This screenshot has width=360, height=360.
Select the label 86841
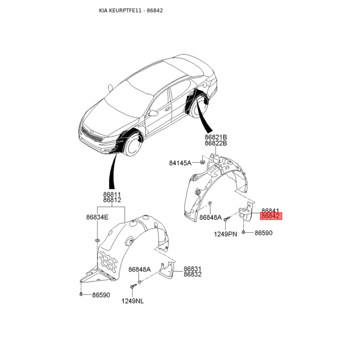[271, 211]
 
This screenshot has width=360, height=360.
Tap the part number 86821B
[216, 137]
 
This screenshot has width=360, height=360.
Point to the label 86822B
[216, 143]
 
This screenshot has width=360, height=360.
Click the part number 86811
[112, 194]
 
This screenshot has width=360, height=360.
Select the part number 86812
[112, 200]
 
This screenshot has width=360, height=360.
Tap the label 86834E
[97, 217]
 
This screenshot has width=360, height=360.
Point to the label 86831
[193, 268]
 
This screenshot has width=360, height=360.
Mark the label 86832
[193, 274]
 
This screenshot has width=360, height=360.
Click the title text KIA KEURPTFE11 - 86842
[130, 10]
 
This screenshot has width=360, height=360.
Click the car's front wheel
[134, 146]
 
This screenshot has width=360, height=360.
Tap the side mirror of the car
[153, 113]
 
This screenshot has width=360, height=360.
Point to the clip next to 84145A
[203, 162]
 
